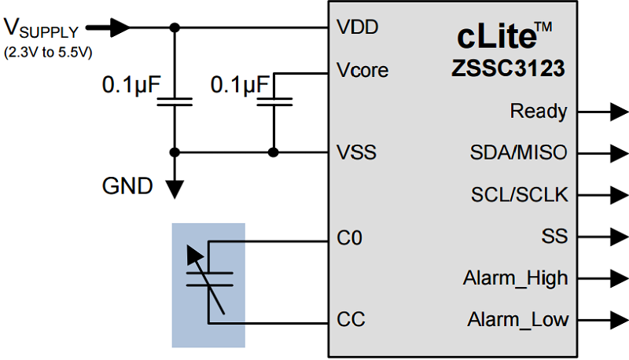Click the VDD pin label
coord(357,28)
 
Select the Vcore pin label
coord(362,69)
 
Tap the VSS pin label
coord(356,152)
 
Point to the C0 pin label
coord(350,237)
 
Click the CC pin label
coord(351,320)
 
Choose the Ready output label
coord(539,112)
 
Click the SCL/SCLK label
coord(519,194)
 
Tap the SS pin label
coord(554,236)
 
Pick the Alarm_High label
coord(515,277)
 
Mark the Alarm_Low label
coord(517,320)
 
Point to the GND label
coord(127,186)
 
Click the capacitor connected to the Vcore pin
coord(274,101)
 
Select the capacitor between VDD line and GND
coord(174,101)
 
